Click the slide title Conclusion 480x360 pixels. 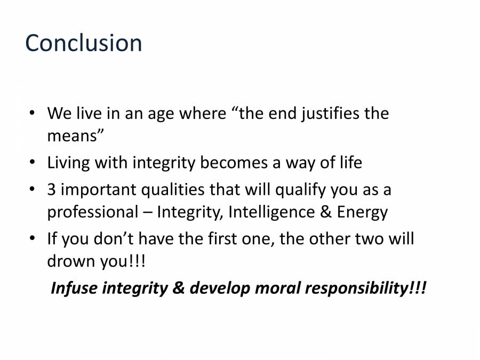coord(84,43)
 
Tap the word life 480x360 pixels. coord(349,163)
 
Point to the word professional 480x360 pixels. coord(92,212)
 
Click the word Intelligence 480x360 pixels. coord(273,212)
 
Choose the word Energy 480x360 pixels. coord(362,212)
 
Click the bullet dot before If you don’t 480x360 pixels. coord(33,237)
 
